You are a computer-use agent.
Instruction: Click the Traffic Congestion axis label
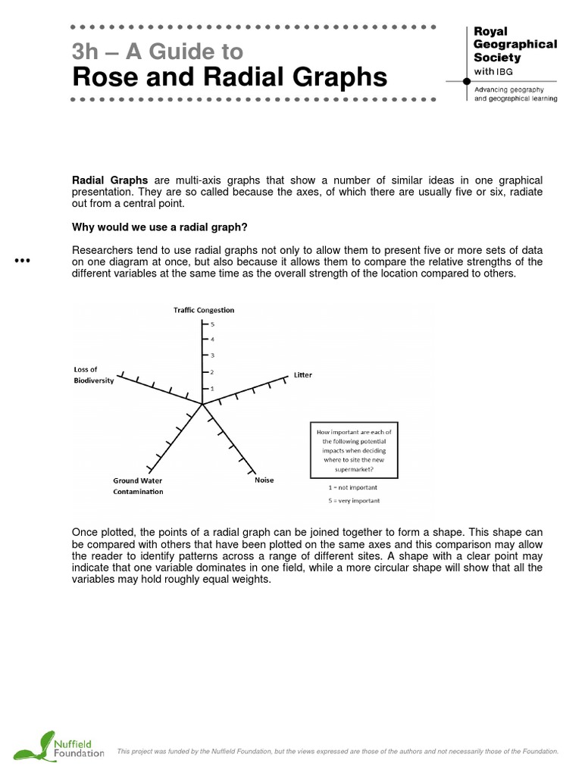(204, 310)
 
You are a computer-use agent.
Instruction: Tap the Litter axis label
(302, 375)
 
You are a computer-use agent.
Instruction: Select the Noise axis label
(264, 480)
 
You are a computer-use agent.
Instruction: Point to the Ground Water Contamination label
(138, 486)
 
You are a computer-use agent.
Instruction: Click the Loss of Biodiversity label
(93, 374)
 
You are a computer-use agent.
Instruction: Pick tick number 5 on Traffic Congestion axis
(212, 324)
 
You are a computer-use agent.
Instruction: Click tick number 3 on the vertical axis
(212, 355)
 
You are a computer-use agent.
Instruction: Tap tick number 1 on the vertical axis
(212, 388)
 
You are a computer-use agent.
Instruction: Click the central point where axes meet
(203, 405)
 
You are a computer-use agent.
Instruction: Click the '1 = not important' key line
(349, 489)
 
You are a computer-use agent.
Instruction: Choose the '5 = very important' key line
(349, 501)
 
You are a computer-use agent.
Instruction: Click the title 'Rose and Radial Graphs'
(229, 77)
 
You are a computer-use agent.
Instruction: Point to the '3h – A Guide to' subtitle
(157, 52)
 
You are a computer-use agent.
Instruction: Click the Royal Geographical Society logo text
(515, 51)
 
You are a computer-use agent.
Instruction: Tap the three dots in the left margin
(22, 261)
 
